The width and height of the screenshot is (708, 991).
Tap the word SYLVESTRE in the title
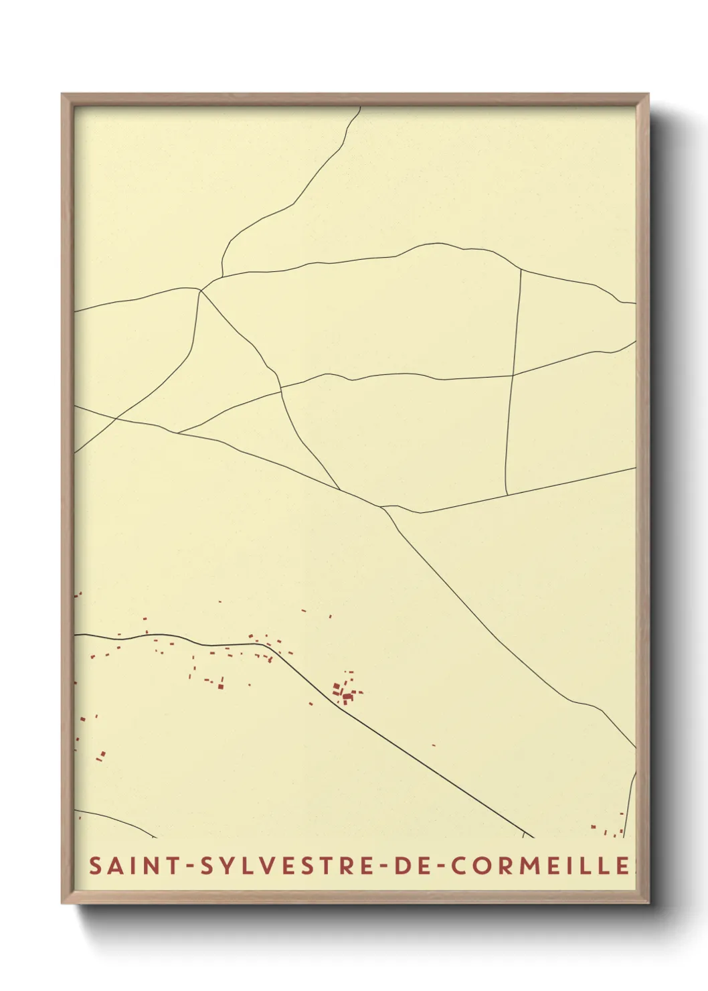(285, 866)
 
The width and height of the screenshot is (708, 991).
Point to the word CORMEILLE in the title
(539, 866)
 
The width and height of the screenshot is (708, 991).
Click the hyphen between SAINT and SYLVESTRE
(191, 866)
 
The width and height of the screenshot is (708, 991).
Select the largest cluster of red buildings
(345, 692)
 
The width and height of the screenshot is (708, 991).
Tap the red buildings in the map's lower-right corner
(609, 829)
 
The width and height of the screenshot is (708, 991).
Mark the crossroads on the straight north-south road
(513, 376)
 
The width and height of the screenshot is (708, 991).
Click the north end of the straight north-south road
(521, 269)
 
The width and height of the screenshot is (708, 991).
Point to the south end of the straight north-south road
(507, 495)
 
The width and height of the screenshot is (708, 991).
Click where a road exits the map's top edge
(361, 108)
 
